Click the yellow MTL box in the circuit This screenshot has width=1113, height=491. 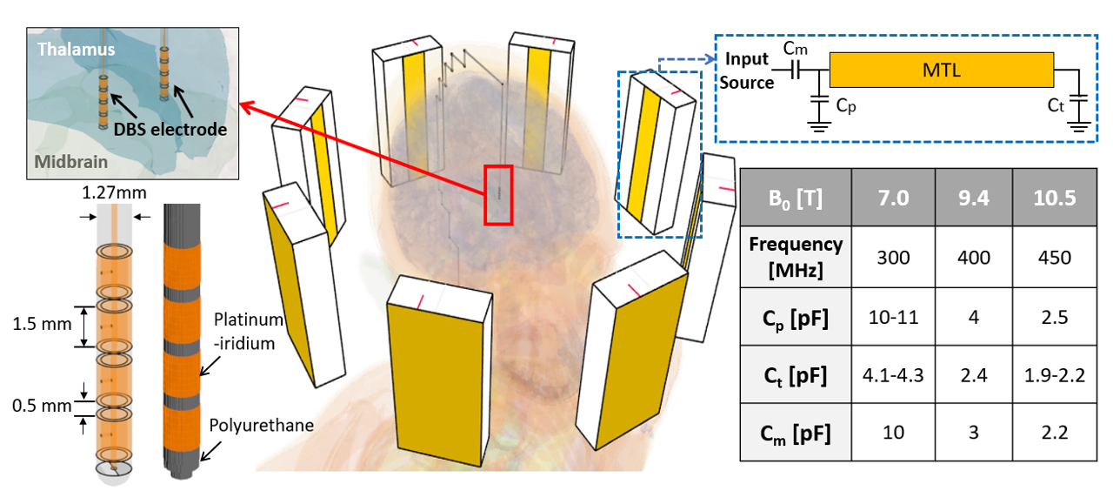(942, 71)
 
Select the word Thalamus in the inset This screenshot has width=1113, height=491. (76, 50)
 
